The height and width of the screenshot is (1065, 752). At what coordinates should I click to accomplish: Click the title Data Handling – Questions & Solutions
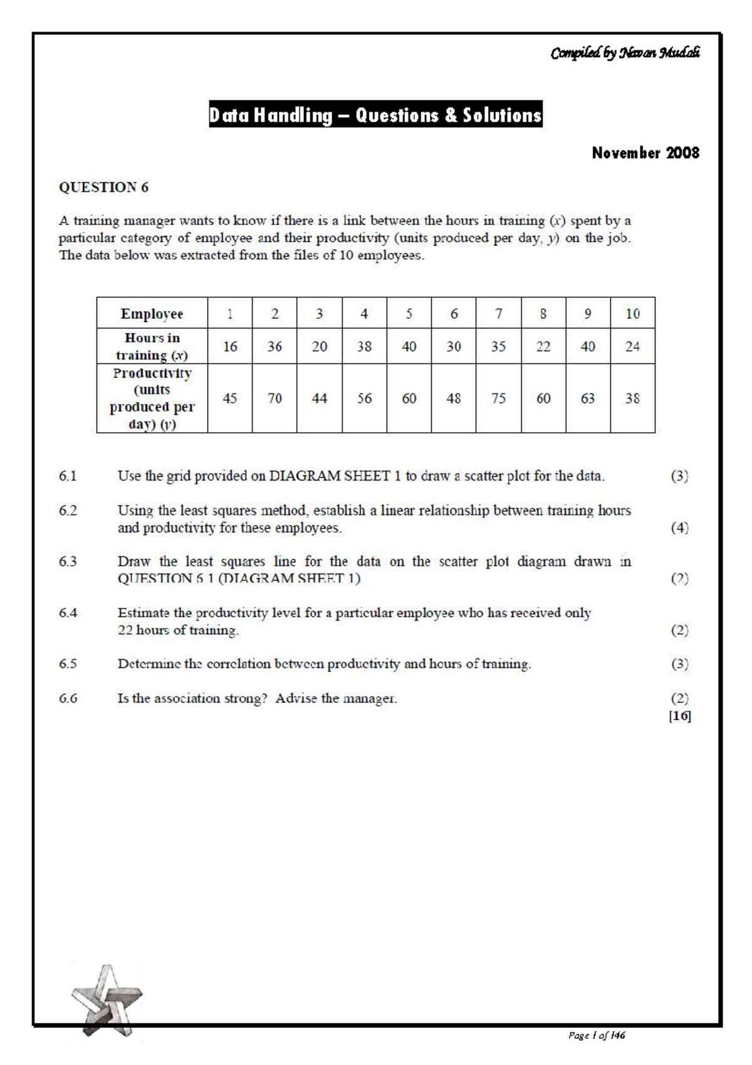(x=375, y=115)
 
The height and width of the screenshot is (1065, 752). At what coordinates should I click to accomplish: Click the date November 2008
(x=645, y=153)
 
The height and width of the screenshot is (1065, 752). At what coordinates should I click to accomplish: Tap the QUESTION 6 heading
(x=103, y=187)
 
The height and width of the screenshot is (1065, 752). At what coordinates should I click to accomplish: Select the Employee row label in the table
(x=152, y=314)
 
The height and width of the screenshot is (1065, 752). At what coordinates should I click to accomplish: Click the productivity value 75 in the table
(x=498, y=398)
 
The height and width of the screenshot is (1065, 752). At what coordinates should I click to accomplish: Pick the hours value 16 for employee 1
(x=230, y=346)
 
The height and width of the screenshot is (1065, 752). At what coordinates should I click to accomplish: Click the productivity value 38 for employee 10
(x=632, y=398)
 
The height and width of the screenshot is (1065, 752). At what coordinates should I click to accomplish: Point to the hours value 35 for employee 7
(x=498, y=346)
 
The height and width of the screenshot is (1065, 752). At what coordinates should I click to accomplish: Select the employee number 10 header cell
(x=632, y=314)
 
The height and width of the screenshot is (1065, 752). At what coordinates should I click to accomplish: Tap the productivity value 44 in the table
(x=320, y=398)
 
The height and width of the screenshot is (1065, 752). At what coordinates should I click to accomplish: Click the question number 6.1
(x=68, y=476)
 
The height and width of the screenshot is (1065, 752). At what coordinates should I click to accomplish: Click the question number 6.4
(x=68, y=613)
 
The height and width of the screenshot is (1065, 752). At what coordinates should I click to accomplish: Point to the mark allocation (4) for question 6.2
(x=679, y=527)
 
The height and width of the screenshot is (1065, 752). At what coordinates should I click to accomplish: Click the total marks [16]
(x=679, y=716)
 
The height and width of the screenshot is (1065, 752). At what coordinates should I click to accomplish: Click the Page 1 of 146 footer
(x=596, y=1036)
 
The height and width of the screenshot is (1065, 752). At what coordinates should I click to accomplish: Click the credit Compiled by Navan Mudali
(x=624, y=53)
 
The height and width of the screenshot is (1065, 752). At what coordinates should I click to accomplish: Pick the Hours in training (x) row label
(x=152, y=346)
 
